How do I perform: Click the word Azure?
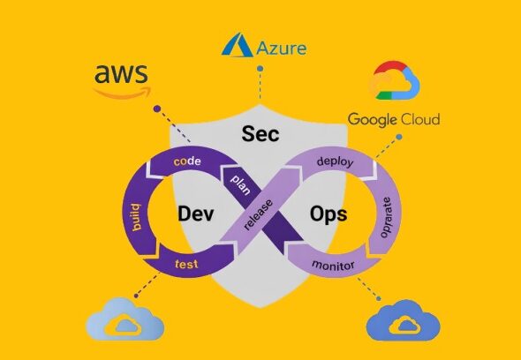pyautogui.click(x=282, y=49)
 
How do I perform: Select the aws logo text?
pyautogui.click(x=121, y=74)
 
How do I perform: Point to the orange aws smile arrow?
pyautogui.click(x=122, y=93)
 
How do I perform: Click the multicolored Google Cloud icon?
pyautogui.click(x=395, y=80)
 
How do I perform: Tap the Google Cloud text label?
pyautogui.click(x=394, y=119)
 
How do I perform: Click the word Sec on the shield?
pyautogui.click(x=260, y=134)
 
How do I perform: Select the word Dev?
pyautogui.click(x=195, y=214)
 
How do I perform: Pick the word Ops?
pyautogui.click(x=328, y=214)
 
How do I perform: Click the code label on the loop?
pyautogui.click(x=187, y=161)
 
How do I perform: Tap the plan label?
pyautogui.click(x=241, y=184)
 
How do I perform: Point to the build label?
pyautogui.click(x=136, y=217)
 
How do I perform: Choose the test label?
pyautogui.click(x=186, y=265)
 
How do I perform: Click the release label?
pyautogui.click(x=258, y=215)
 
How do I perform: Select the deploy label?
pyautogui.click(x=335, y=161)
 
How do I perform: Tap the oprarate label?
pyautogui.click(x=385, y=218)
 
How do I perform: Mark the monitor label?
pyautogui.click(x=333, y=265)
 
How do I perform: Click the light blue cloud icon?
pyautogui.click(x=125, y=319)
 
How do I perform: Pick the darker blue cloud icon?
pyautogui.click(x=403, y=320)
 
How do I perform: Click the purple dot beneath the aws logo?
pyautogui.click(x=157, y=109)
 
